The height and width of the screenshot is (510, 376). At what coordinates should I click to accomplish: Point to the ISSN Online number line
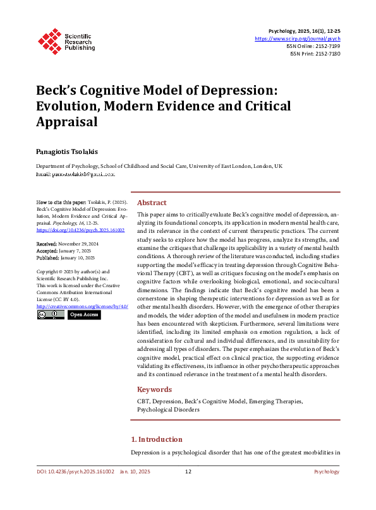click(315, 46)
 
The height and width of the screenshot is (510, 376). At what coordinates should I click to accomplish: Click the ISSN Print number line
click(316, 54)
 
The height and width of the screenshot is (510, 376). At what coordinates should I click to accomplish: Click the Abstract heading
click(152, 203)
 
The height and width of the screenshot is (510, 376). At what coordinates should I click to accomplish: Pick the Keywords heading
click(154, 389)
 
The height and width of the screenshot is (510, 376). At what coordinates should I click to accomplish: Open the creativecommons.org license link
click(82, 306)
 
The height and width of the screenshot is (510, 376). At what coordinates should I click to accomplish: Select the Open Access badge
click(83, 314)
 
